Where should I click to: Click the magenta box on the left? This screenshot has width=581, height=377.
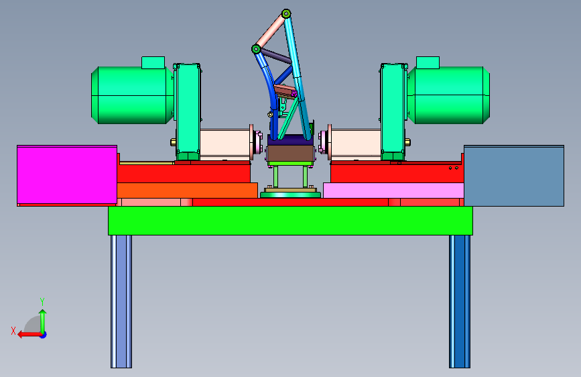[x=67, y=174]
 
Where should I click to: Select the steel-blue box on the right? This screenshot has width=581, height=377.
[x=514, y=176]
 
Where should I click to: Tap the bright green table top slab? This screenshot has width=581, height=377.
[x=291, y=221]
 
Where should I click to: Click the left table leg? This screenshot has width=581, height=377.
[x=121, y=301]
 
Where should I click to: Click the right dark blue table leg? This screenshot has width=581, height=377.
[x=460, y=301]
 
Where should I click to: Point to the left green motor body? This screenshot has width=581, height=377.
[x=132, y=95]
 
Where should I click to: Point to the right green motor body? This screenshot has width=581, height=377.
[x=449, y=95]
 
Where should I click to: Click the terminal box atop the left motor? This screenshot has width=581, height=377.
[x=153, y=62]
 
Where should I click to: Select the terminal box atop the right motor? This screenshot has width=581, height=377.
[x=428, y=62]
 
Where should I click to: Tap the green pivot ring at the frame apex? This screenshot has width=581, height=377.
[x=286, y=14]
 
